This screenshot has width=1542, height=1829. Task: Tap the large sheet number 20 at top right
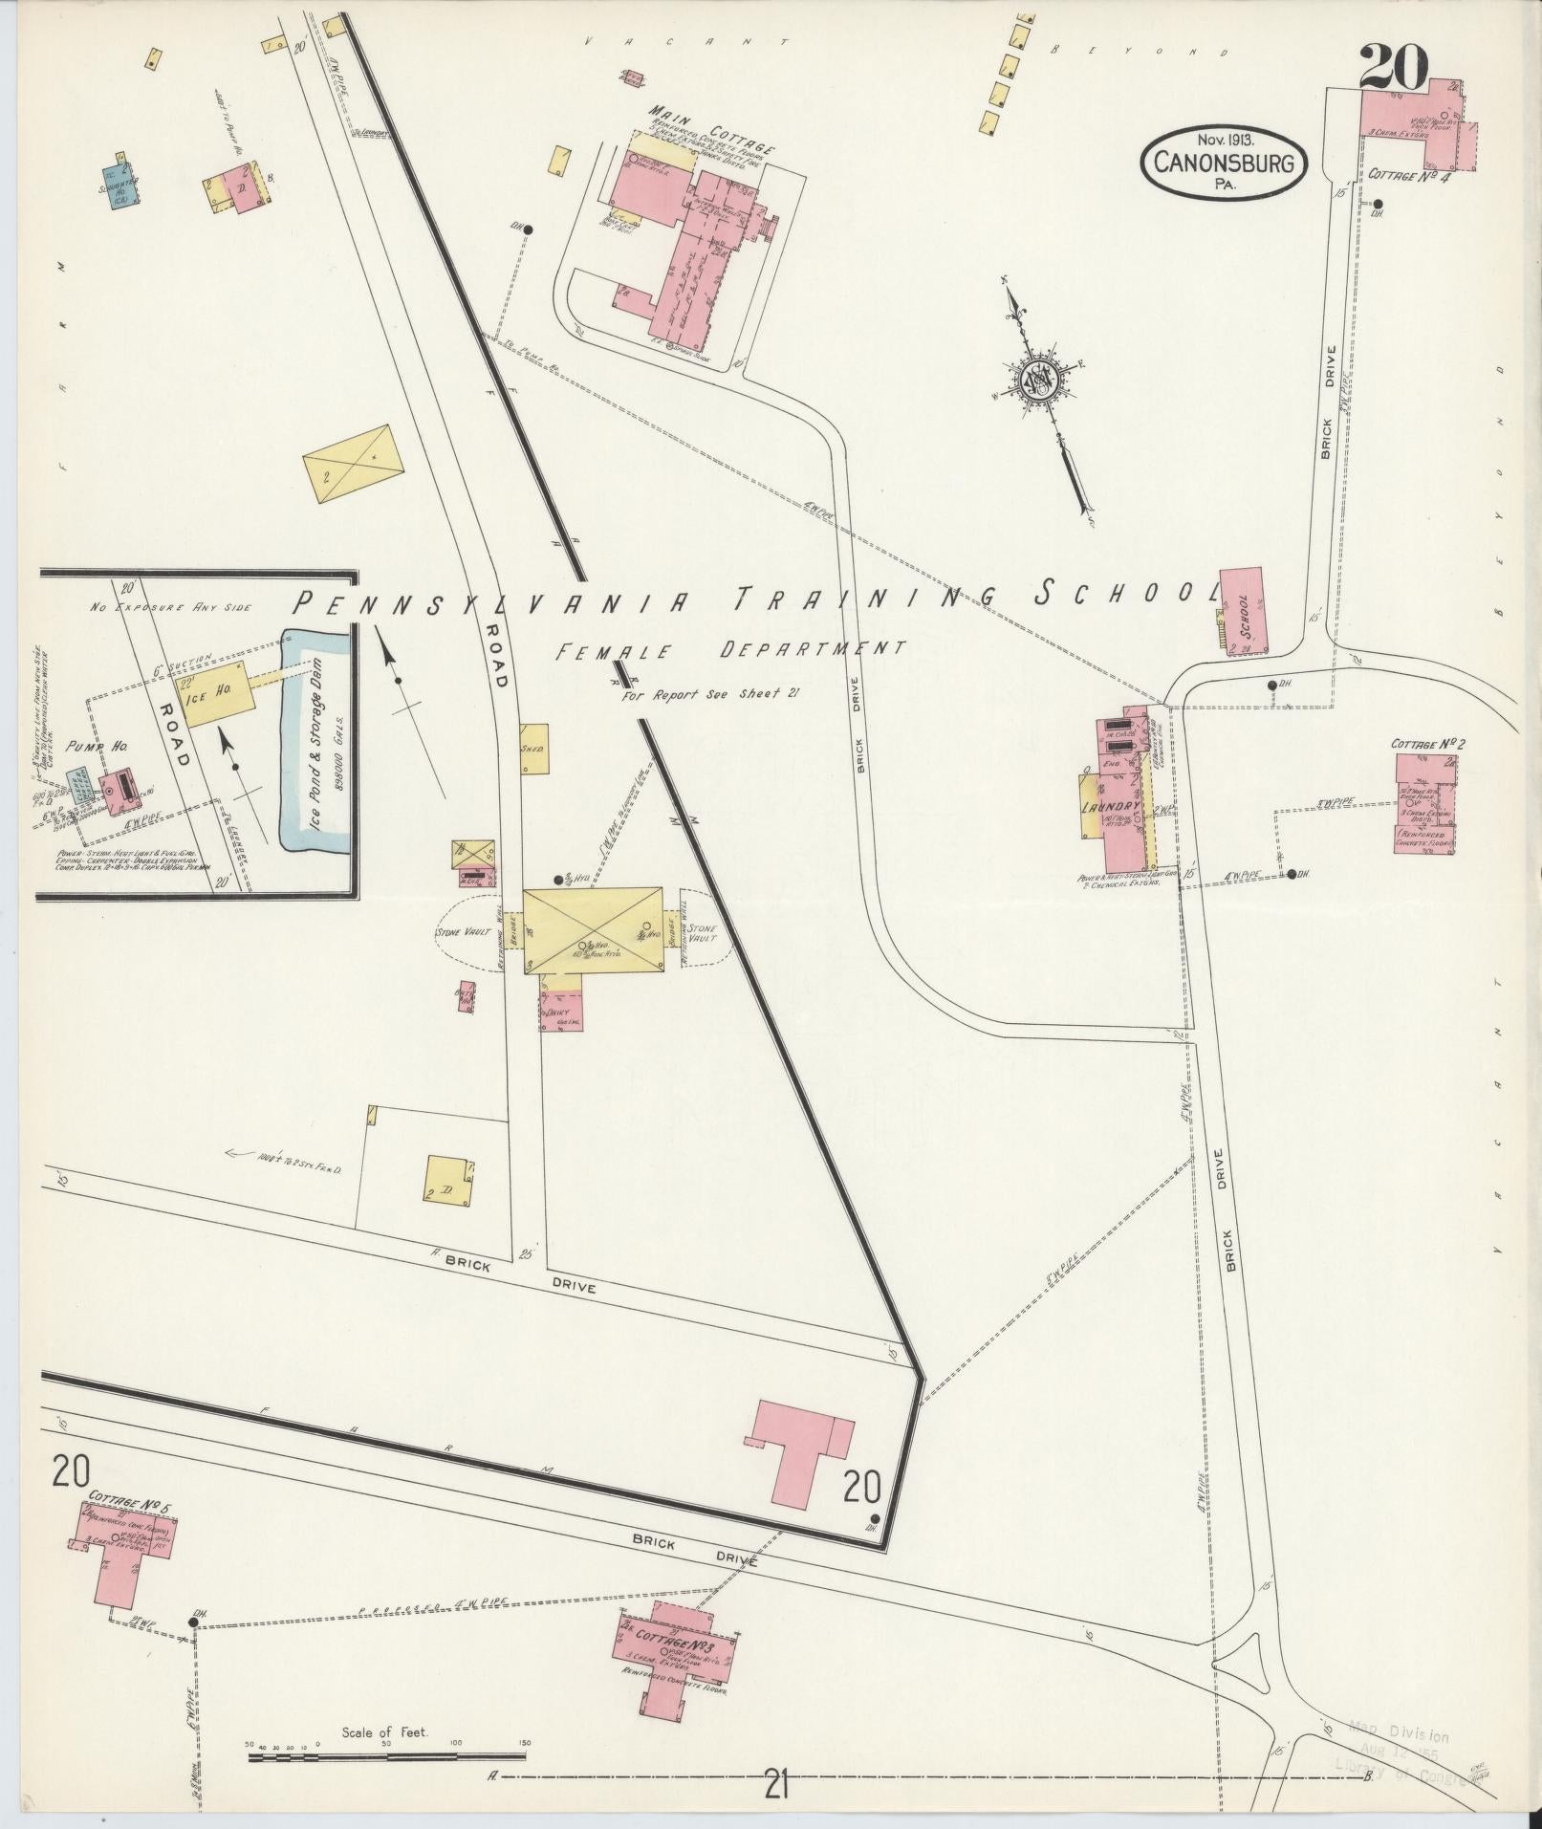[x=1394, y=68]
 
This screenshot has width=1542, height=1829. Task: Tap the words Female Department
[x=730, y=650]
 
